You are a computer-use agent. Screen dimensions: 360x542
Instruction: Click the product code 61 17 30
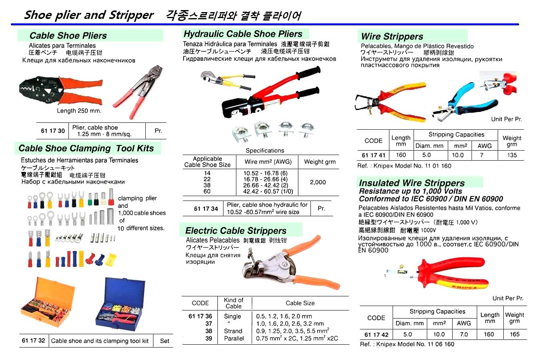(52, 131)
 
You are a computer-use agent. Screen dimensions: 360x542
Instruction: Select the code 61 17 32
(33, 341)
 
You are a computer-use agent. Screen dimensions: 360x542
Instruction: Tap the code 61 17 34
(206, 209)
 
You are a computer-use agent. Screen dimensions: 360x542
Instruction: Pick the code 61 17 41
(373, 155)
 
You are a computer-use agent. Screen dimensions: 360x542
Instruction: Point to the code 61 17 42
(376, 334)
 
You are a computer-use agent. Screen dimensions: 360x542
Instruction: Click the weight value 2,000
(318, 182)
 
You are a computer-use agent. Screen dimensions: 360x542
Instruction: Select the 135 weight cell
(512, 155)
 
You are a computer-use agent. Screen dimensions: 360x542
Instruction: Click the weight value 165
(514, 334)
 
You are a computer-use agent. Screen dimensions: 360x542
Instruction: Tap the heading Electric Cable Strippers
(236, 231)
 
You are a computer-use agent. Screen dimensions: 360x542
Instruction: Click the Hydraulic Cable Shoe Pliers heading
(243, 34)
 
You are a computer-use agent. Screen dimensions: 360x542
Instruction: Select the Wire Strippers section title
(392, 37)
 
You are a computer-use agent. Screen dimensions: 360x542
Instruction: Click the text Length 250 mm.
(79, 111)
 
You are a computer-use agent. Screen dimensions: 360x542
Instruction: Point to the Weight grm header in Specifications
(320, 162)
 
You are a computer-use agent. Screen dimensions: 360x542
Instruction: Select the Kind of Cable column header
(234, 303)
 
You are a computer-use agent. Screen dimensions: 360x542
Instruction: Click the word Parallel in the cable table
(234, 339)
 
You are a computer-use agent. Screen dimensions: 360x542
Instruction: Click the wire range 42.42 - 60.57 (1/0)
(267, 192)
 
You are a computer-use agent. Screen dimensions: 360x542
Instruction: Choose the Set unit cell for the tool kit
(165, 341)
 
